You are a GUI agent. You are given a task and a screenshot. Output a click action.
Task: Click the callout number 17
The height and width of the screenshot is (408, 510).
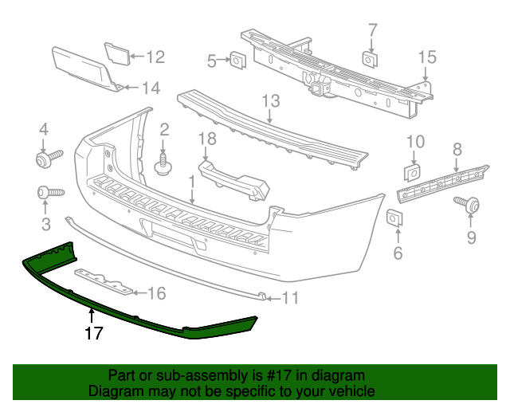pos(93,333)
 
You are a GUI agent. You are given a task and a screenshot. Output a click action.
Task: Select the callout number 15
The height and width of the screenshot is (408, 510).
pos(427,57)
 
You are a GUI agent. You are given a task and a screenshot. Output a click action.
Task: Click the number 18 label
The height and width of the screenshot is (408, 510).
pos(206,139)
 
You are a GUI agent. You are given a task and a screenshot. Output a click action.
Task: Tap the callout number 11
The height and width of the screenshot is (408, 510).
pos(289,300)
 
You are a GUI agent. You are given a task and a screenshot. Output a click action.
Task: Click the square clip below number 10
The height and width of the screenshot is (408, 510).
pos(414,172)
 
